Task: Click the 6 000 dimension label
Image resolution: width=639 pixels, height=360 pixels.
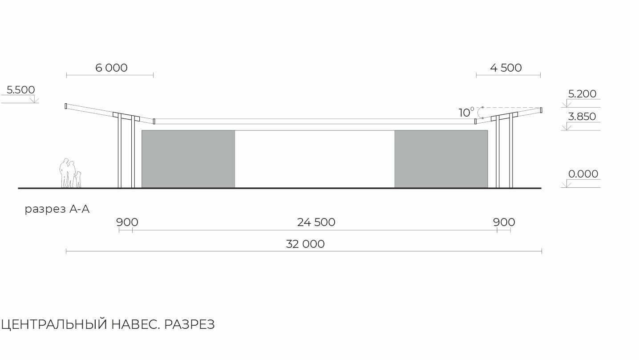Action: [111, 68]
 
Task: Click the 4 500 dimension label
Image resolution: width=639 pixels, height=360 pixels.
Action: [506, 68]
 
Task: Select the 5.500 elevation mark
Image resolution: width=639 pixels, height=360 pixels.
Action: [20, 90]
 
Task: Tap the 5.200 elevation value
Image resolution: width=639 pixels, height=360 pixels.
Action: [582, 94]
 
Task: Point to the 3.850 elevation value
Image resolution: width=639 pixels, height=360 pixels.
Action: [582, 117]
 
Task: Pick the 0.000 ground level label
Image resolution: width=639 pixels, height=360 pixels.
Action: [583, 174]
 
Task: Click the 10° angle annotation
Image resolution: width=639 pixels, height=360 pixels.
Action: [466, 112]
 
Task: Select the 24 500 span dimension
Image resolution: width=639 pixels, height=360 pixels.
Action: [316, 222]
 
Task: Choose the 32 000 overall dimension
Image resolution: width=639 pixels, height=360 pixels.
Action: [305, 244]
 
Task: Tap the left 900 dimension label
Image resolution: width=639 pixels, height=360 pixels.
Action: [127, 222]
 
